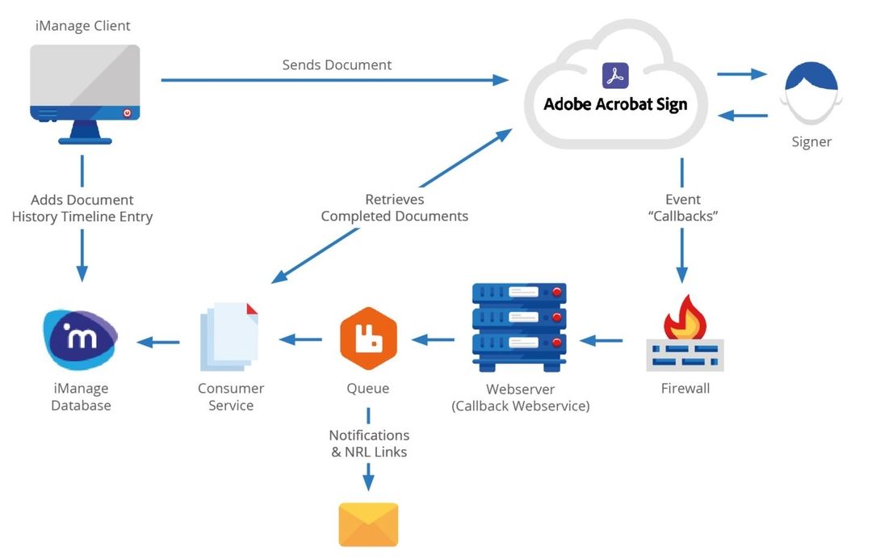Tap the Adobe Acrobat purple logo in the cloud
click(615, 76)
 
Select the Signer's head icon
click(811, 93)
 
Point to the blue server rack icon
click(519, 327)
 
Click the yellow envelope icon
click(368, 524)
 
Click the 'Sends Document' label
click(337, 65)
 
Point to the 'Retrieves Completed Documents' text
click(394, 208)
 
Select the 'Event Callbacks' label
click(683, 208)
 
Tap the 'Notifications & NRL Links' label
click(369, 444)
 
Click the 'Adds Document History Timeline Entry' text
click(82, 208)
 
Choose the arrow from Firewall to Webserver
click(602, 341)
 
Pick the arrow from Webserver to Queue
click(434, 340)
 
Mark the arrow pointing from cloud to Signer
click(741, 74)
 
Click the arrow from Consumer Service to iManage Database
click(158, 342)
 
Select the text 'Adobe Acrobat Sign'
click(615, 104)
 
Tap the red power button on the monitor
click(127, 113)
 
